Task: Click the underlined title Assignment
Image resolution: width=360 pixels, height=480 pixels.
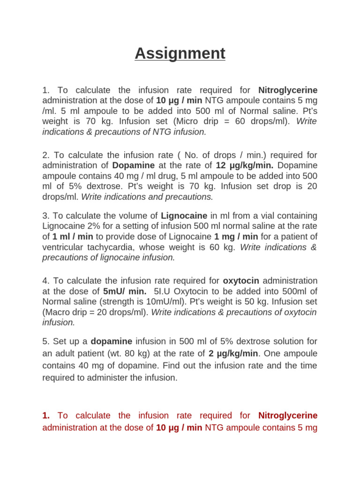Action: (x=180, y=54)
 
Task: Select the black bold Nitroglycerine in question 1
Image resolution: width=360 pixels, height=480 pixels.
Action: (x=287, y=90)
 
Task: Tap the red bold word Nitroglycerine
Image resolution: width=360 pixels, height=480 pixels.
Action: (x=287, y=415)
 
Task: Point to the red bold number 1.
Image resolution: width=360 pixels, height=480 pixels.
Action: (x=45, y=415)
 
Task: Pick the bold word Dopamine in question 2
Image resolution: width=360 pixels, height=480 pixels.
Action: (x=133, y=165)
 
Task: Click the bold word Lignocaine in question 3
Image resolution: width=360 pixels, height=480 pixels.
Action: (x=184, y=216)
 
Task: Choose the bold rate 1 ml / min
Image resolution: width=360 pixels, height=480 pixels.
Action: (x=73, y=237)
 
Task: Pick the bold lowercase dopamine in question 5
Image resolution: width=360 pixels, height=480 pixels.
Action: (x=112, y=341)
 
